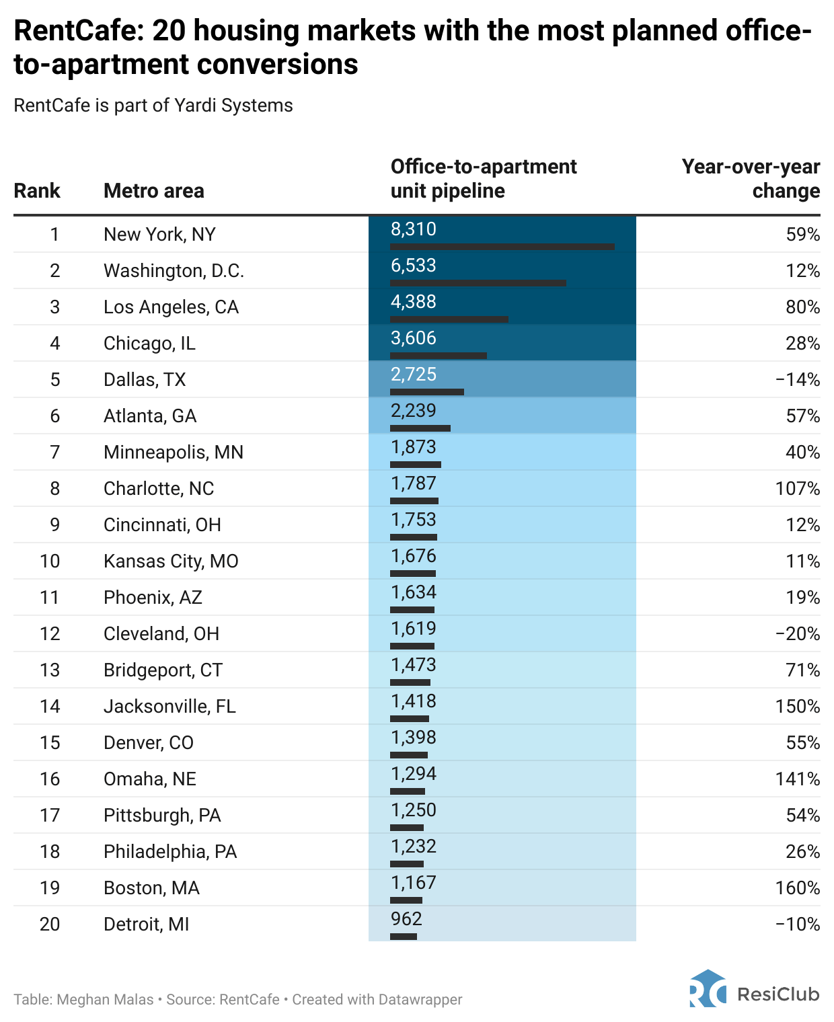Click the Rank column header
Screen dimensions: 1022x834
click(37, 191)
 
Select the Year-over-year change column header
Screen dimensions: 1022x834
click(751, 179)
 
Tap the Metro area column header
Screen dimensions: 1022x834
click(153, 191)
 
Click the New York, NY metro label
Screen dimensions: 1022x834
click(159, 235)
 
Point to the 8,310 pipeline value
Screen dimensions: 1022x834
click(414, 229)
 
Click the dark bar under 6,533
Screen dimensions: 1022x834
click(478, 283)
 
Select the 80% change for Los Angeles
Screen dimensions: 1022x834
click(802, 307)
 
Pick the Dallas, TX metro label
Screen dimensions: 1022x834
click(145, 380)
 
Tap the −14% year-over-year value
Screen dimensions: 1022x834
click(798, 380)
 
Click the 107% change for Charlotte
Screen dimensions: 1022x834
click(798, 489)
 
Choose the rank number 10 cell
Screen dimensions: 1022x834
click(50, 561)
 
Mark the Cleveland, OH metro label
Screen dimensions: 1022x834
click(161, 634)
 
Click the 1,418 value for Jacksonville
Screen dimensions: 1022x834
click(414, 701)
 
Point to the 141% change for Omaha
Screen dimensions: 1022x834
click(798, 779)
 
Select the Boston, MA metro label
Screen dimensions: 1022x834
click(151, 888)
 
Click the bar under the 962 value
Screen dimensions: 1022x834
click(404, 937)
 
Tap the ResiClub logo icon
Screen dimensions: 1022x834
click(708, 989)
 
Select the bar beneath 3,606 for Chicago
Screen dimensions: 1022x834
click(439, 356)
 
